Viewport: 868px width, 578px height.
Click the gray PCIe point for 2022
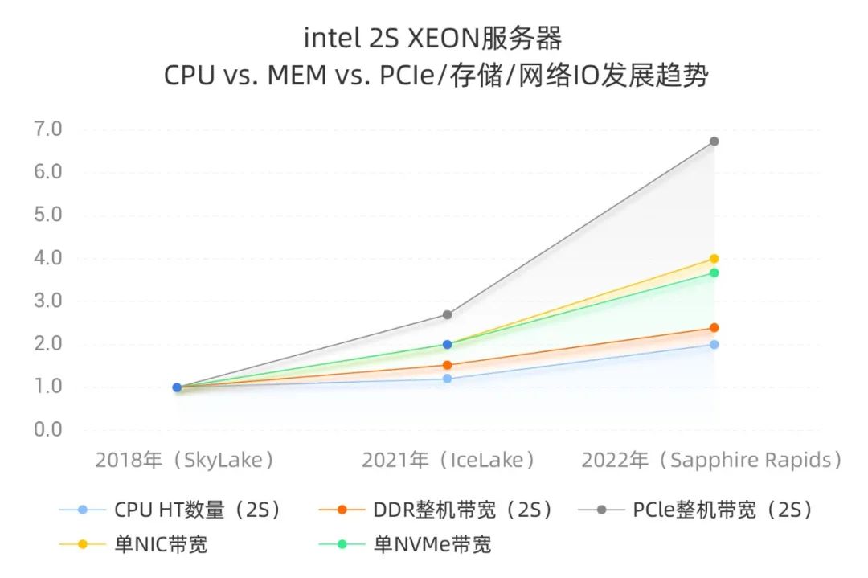tap(714, 141)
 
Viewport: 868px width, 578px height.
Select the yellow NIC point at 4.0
tap(714, 259)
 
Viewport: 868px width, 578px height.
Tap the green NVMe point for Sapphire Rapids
tap(714, 273)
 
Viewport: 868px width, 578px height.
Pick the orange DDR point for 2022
tap(714, 328)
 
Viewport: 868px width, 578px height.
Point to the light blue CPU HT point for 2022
tap(714, 345)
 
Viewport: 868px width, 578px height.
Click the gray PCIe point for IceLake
tap(447, 315)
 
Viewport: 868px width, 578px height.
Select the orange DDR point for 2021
tap(447, 365)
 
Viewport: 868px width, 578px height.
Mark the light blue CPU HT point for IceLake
tap(447, 379)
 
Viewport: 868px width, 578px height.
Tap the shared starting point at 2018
tap(177, 387)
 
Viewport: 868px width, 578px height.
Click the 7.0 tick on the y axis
tap(47, 129)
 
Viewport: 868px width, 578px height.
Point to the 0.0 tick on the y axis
tap(47, 430)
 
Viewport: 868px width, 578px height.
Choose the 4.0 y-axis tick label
tap(47, 258)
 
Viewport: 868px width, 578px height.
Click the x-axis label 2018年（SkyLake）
tap(186, 461)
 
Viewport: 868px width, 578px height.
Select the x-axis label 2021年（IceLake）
tap(448, 461)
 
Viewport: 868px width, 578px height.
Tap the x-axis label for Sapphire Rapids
tap(712, 461)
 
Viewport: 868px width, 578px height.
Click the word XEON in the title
tap(440, 38)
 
